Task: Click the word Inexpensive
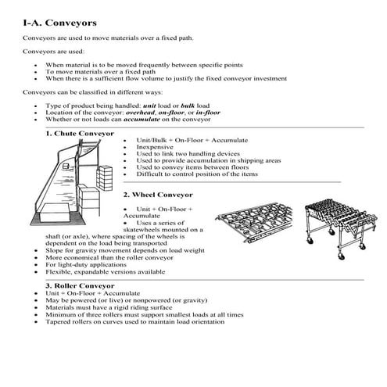(x=156, y=146)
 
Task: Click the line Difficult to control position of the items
(x=196, y=174)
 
